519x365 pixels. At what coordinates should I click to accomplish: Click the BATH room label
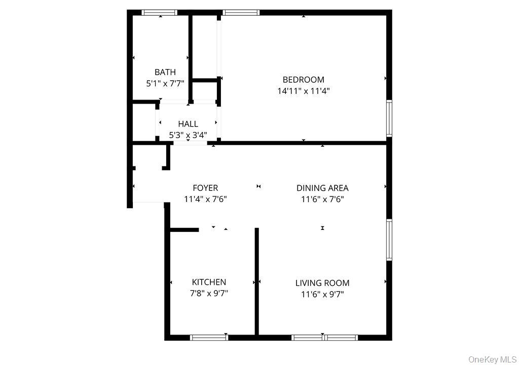click(165, 72)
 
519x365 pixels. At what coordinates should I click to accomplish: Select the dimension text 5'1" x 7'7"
click(165, 83)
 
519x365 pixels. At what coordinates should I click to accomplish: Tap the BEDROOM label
click(303, 80)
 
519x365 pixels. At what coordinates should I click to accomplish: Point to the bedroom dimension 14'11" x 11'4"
click(304, 91)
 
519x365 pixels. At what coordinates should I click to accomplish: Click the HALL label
click(188, 124)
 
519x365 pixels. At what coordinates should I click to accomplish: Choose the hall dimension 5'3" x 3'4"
click(188, 135)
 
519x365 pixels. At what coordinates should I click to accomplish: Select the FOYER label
click(205, 188)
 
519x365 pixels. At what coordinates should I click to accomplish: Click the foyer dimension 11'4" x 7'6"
click(205, 199)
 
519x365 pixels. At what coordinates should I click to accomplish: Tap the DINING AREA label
click(322, 188)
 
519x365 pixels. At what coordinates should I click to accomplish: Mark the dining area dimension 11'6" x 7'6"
click(322, 199)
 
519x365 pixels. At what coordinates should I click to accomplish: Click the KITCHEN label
click(209, 282)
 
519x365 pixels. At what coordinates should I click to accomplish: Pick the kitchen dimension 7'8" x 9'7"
click(209, 293)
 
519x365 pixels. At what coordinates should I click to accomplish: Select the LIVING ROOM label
click(322, 283)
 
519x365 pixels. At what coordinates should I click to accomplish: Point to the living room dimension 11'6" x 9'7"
click(322, 294)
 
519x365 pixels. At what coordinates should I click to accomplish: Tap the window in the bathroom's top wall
click(159, 13)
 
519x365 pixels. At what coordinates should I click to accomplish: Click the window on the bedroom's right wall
click(389, 118)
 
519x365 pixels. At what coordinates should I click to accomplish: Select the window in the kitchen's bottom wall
click(209, 337)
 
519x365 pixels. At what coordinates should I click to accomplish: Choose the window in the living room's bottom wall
click(325, 337)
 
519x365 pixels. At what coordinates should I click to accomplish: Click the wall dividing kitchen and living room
click(257, 282)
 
